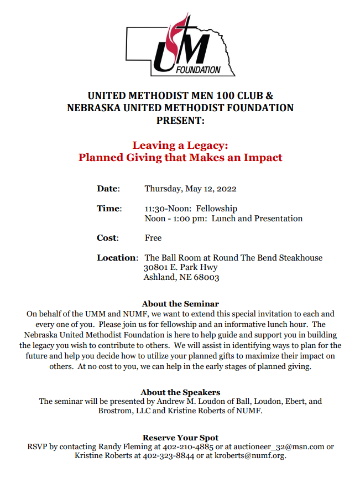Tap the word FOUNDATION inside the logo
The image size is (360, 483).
point(198,71)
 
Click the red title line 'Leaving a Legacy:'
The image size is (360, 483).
point(180,146)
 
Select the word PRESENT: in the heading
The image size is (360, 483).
point(180,120)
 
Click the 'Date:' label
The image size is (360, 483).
point(108,189)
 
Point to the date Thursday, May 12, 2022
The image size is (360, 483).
point(190,189)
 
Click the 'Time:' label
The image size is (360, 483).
point(109,209)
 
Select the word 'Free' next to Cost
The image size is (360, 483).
point(153,238)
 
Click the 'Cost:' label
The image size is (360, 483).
point(108,238)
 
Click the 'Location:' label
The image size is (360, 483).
point(117,258)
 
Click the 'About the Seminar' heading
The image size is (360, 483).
point(180,304)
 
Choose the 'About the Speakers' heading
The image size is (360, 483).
point(180,392)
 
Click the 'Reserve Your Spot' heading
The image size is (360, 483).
point(180,438)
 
